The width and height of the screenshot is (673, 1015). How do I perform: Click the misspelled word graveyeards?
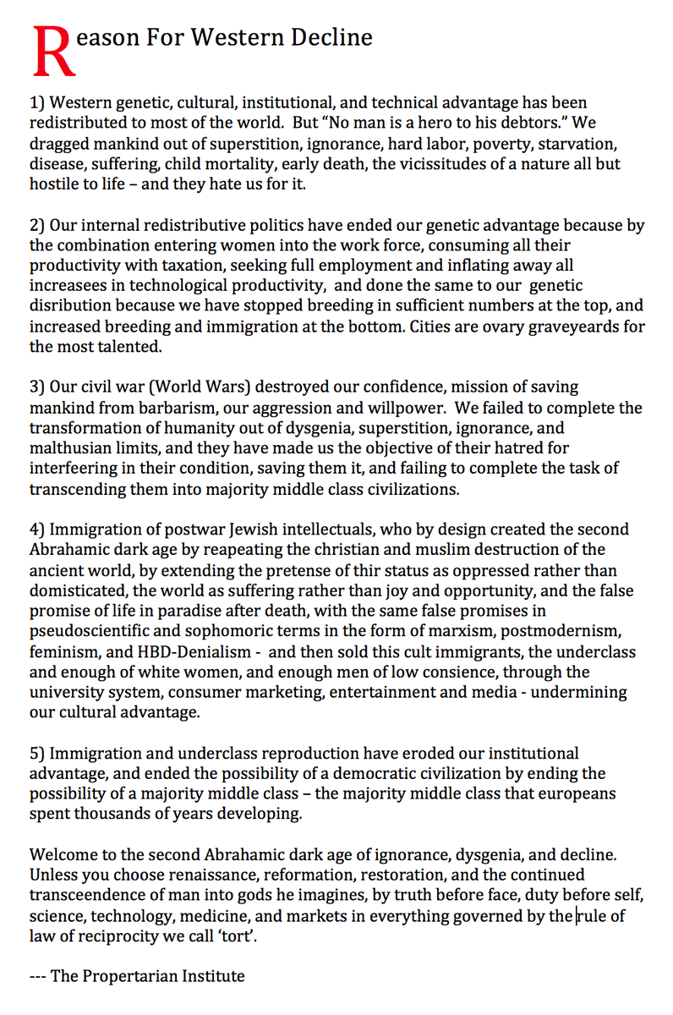pyautogui.click(x=567, y=326)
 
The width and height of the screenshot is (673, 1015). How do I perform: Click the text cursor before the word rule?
pyautogui.click(x=576, y=915)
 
